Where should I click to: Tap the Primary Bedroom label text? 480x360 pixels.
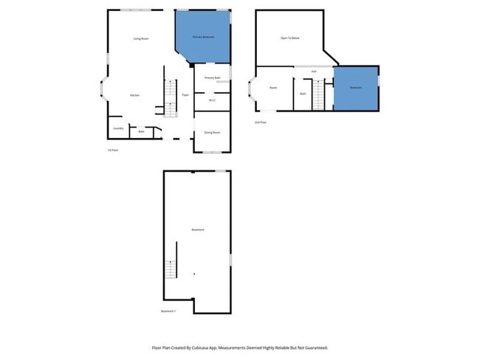point(203,36)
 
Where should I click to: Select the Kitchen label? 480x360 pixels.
point(135,95)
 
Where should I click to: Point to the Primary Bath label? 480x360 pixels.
point(213,77)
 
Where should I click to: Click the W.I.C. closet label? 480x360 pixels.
point(212,100)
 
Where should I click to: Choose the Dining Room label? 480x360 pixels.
point(212,133)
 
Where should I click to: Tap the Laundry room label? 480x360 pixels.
point(118,128)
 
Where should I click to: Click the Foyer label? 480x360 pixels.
point(185,95)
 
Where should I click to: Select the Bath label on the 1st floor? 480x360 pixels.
point(140,133)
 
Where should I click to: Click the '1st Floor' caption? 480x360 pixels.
point(113,150)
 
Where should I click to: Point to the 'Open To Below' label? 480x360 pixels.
point(289,37)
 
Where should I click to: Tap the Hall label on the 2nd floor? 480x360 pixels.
point(314,72)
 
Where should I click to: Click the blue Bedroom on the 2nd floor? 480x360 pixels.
point(356,88)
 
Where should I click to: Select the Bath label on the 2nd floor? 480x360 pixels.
point(303,94)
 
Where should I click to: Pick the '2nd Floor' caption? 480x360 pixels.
point(261,122)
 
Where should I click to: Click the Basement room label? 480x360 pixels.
point(197,229)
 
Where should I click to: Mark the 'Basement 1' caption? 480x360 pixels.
point(168,311)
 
